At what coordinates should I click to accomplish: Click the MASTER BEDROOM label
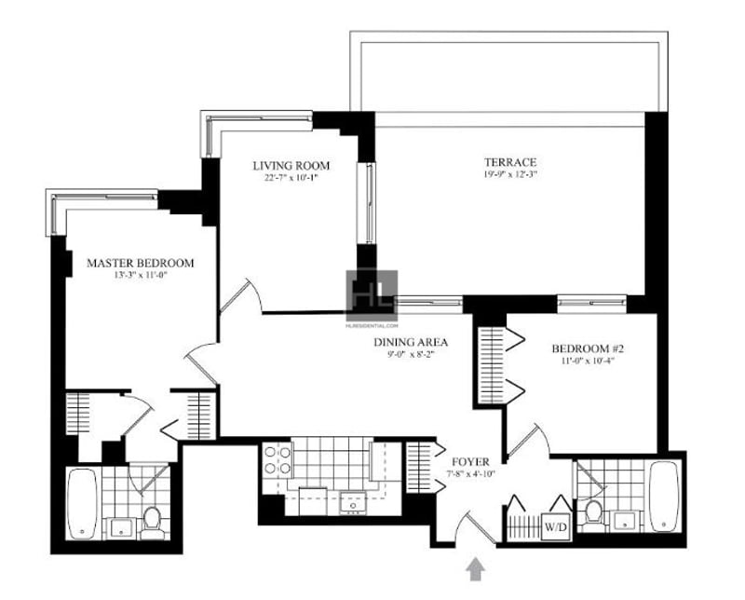coord(140,263)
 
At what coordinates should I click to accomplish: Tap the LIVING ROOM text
coord(291,166)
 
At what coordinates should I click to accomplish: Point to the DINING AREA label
coord(399,341)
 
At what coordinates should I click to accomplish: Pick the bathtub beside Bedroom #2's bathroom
coord(665,495)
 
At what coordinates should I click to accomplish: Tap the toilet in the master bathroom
coord(152,519)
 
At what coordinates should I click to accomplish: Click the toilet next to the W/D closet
coord(592,512)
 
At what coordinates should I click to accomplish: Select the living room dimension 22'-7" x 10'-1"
coord(291,179)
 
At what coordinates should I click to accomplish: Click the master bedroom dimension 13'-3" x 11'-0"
coord(140,277)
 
